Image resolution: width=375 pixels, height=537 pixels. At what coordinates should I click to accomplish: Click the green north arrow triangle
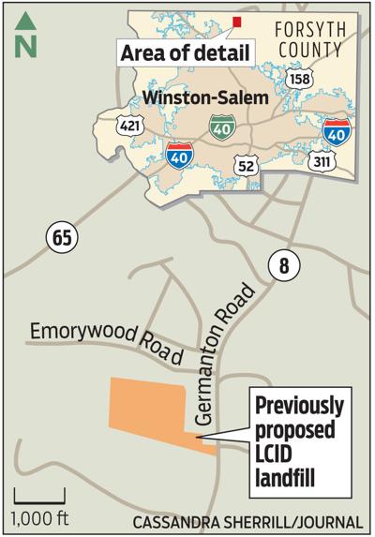tap(25, 18)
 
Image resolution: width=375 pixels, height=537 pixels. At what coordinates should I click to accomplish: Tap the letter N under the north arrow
tap(25, 42)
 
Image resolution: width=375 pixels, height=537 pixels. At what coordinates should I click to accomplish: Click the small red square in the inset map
tap(237, 22)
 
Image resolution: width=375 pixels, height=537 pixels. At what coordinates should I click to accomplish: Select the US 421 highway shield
tap(129, 126)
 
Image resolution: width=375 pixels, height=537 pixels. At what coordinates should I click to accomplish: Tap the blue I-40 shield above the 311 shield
tap(338, 132)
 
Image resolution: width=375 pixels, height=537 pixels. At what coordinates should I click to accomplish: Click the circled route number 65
tap(61, 238)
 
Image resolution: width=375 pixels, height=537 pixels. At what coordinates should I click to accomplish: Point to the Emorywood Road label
tap(104, 339)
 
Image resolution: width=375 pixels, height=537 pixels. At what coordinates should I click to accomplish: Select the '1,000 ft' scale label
tap(39, 516)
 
